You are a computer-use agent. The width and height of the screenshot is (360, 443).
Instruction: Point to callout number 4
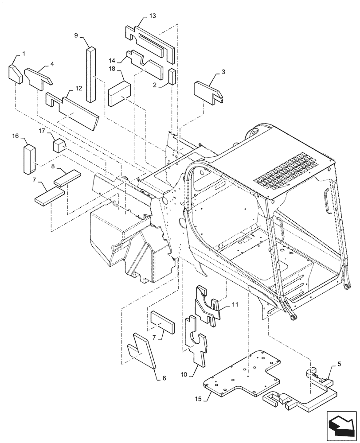point(52,64)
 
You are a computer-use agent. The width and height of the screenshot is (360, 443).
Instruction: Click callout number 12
point(78,88)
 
